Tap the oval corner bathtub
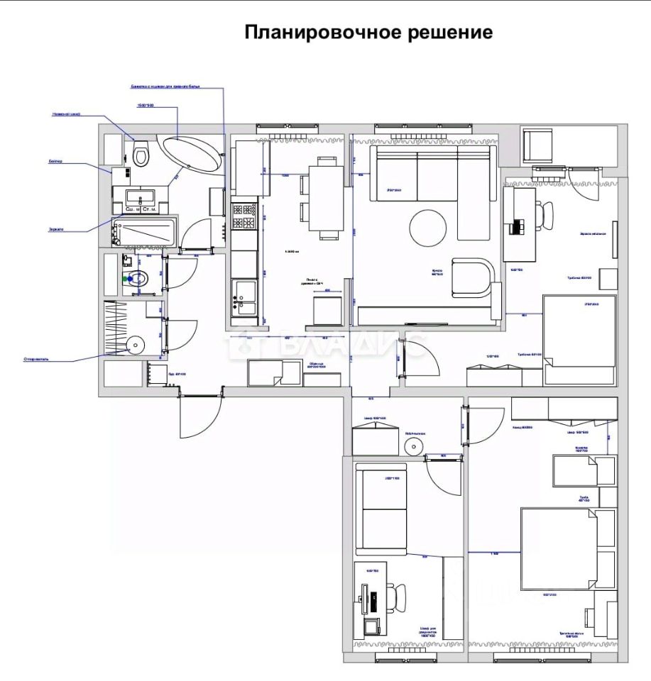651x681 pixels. point(192,152)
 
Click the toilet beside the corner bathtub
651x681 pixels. point(141,152)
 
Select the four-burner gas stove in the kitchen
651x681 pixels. point(244,217)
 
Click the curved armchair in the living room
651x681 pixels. point(472,279)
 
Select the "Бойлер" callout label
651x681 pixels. point(56,162)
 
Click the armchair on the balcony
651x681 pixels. point(538,145)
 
